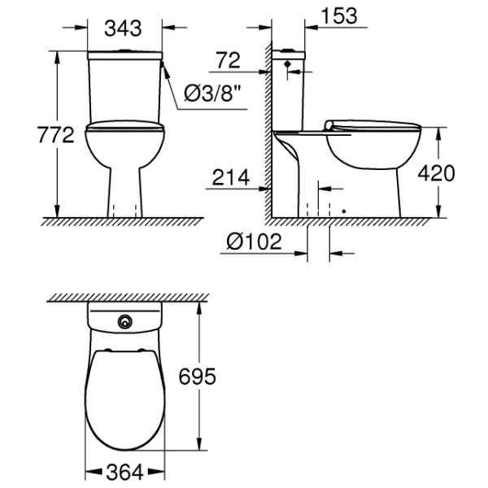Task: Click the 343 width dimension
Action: pyautogui.click(x=124, y=28)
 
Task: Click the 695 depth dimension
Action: pyautogui.click(x=197, y=377)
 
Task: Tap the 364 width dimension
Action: pyautogui.click(x=125, y=471)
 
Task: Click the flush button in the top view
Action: pyautogui.click(x=124, y=321)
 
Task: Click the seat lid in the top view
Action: pyautogui.click(x=125, y=399)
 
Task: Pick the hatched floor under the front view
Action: pyautogui.click(x=122, y=221)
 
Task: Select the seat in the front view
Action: pyautogui.click(x=125, y=126)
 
